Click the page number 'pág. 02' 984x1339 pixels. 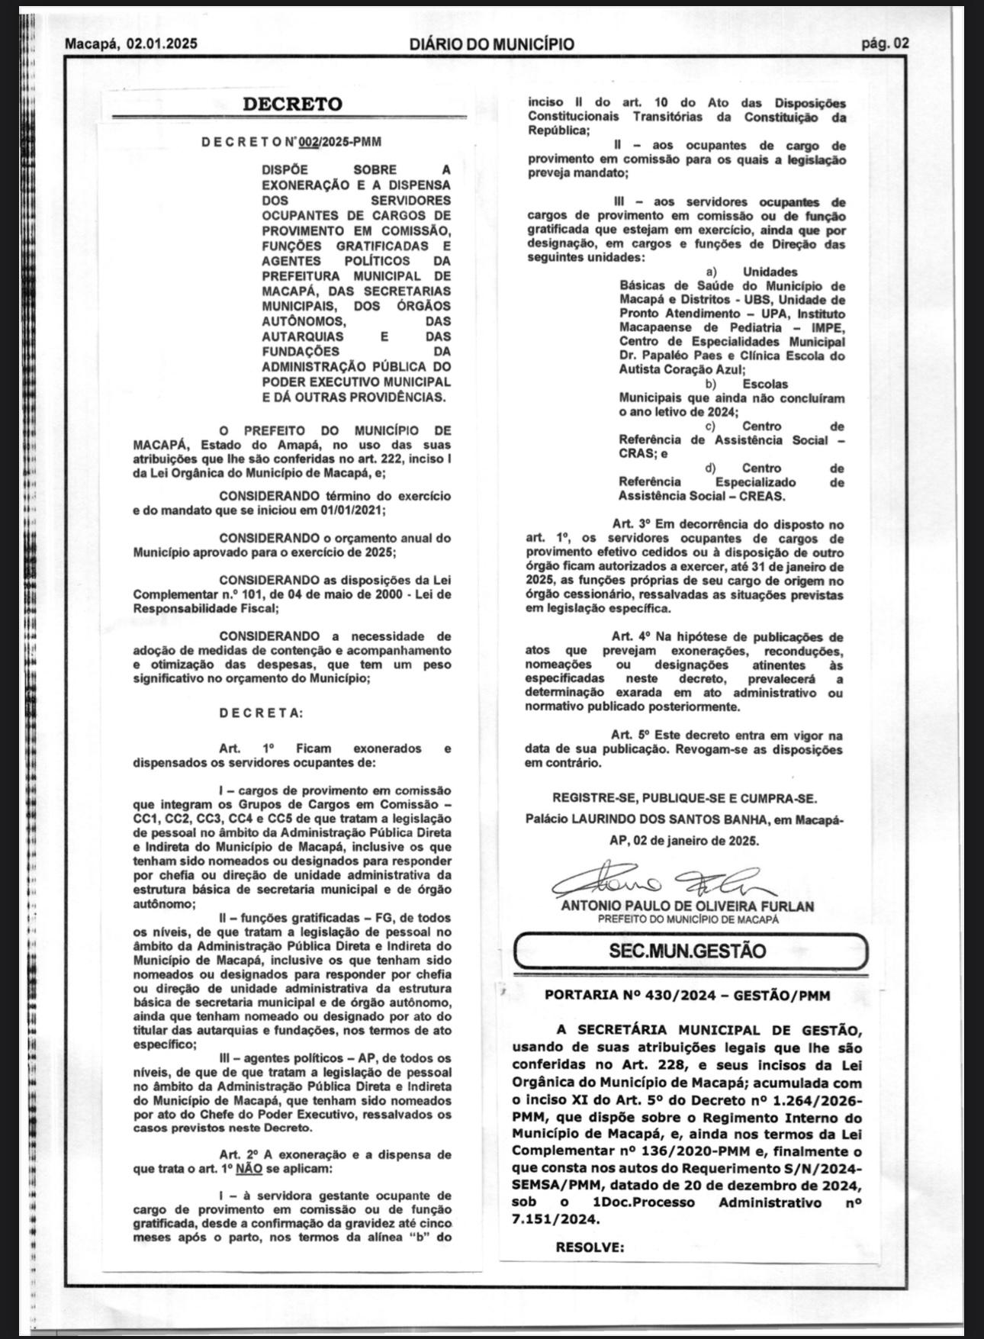tap(885, 44)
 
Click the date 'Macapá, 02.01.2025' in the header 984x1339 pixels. tap(130, 44)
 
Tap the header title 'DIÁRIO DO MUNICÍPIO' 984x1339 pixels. tap(491, 44)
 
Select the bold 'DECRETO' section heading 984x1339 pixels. tap(292, 105)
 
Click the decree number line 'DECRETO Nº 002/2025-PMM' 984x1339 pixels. tap(291, 142)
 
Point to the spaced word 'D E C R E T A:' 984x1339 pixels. tap(261, 713)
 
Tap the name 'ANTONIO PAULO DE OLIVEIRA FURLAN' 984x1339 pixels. tap(687, 906)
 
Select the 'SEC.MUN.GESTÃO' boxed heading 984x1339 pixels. tap(687, 951)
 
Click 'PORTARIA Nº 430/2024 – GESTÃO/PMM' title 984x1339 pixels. tap(687, 996)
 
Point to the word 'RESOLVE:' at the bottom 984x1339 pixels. tap(590, 1247)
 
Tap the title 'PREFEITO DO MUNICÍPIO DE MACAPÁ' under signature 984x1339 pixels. tap(688, 919)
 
